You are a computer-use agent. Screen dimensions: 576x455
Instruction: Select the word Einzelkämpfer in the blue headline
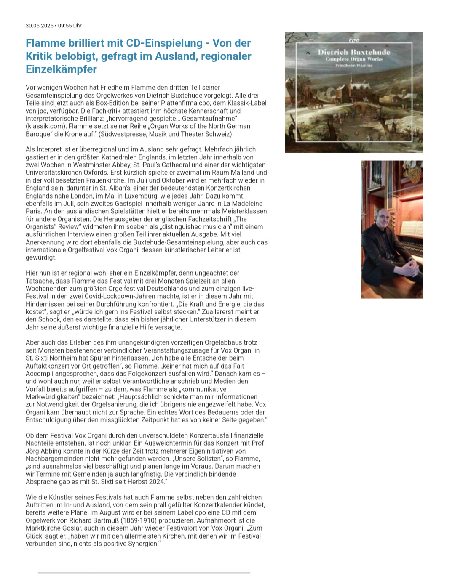(61, 69)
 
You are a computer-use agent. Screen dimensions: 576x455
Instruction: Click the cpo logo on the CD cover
(354, 40)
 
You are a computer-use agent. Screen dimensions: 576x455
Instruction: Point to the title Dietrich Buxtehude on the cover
(354, 52)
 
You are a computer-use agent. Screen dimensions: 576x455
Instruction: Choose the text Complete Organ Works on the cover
(354, 59)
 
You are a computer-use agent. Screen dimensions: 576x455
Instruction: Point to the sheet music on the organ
(411, 228)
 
